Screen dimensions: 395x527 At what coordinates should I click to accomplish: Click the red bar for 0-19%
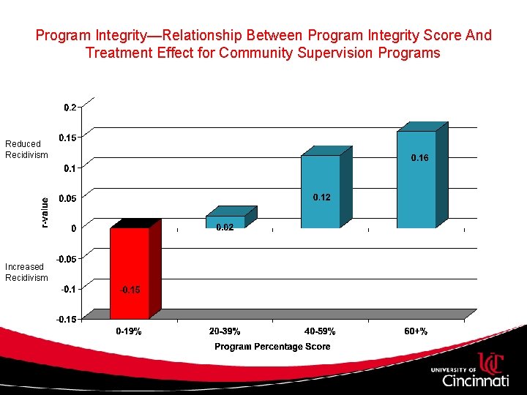click(x=130, y=272)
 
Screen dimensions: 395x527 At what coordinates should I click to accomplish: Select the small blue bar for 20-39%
click(x=225, y=222)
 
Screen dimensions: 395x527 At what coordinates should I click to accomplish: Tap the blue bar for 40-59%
click(x=321, y=192)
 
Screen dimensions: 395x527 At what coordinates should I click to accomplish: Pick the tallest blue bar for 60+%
click(x=416, y=179)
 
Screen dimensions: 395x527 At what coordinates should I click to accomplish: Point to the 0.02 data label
click(x=225, y=228)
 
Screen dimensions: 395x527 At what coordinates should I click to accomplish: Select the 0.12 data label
click(x=322, y=197)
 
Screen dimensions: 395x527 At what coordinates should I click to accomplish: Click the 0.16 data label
click(x=419, y=158)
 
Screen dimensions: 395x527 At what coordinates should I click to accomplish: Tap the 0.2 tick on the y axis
click(x=69, y=107)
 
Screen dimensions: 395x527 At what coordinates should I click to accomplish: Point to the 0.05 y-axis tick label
click(x=67, y=197)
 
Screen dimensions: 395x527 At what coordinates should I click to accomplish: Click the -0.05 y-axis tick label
click(x=66, y=258)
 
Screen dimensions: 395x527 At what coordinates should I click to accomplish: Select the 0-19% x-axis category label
click(x=130, y=332)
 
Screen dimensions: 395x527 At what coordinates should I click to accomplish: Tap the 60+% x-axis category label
click(x=416, y=332)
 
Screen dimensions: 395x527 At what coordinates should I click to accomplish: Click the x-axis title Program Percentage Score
click(x=272, y=347)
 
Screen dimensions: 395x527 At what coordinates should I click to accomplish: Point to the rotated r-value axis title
click(x=44, y=212)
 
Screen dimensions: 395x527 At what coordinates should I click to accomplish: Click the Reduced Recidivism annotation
click(x=26, y=149)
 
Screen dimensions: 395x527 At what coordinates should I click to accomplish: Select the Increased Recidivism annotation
click(x=26, y=272)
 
